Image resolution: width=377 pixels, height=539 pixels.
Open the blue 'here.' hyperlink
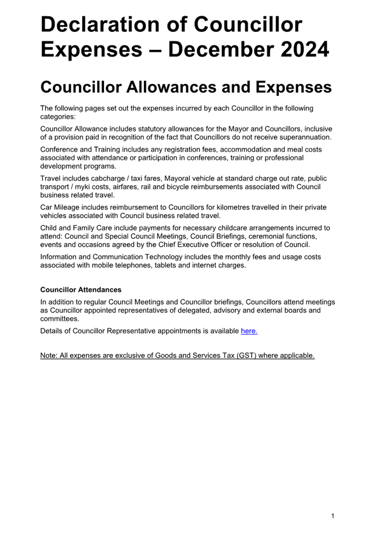(x=249, y=331)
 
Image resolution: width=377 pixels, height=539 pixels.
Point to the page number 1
(x=333, y=516)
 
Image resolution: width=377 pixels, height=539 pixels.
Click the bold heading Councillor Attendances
(x=81, y=290)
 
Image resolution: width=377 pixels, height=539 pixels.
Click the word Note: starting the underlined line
(x=49, y=356)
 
